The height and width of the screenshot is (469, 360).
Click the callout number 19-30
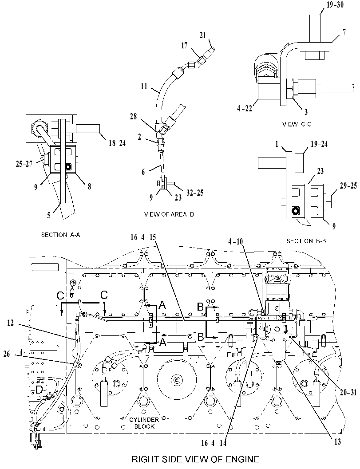click(x=335, y=4)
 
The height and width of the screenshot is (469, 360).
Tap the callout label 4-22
click(x=245, y=108)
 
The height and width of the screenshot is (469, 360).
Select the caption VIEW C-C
click(x=297, y=124)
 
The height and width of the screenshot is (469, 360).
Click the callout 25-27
click(x=24, y=164)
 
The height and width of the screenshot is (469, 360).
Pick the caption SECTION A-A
click(x=60, y=235)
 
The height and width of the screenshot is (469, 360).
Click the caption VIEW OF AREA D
click(x=169, y=214)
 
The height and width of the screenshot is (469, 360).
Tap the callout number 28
click(x=133, y=116)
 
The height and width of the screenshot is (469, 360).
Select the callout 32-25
click(x=195, y=193)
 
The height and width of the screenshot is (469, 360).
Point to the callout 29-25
click(x=348, y=186)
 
